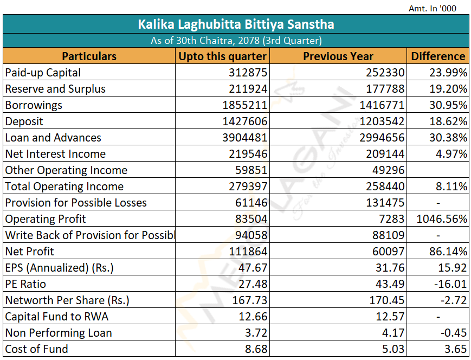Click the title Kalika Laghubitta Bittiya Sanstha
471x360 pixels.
point(236,24)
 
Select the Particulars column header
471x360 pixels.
point(89,56)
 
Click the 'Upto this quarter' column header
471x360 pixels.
point(223,56)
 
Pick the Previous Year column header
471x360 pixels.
point(338,56)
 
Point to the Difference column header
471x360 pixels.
point(438,56)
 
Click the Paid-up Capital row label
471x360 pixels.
point(43,73)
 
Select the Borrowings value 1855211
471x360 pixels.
point(245,105)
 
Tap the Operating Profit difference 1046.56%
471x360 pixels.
point(442,219)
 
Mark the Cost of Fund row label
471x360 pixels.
point(37,349)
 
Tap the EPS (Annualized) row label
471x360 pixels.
point(60,268)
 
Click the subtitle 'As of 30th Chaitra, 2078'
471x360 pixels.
point(236,41)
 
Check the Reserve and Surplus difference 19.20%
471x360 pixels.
point(448,89)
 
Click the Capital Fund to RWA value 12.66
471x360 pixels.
point(253,317)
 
